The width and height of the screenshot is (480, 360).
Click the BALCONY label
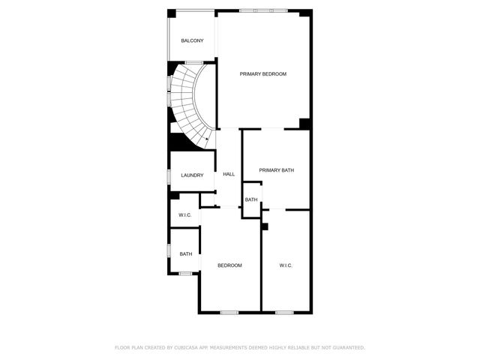pyautogui.click(x=192, y=40)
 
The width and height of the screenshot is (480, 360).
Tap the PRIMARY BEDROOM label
pyautogui.click(x=263, y=73)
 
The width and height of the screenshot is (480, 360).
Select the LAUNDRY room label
pyautogui.click(x=192, y=175)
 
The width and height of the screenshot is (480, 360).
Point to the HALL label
pyautogui.click(x=229, y=174)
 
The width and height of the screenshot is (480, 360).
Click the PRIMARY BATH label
pyautogui.click(x=276, y=170)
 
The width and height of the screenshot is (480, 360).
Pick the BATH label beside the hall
pyautogui.click(x=251, y=199)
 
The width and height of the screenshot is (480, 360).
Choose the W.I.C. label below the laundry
pyautogui.click(x=185, y=216)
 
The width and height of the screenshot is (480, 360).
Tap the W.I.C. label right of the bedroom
pyautogui.click(x=285, y=265)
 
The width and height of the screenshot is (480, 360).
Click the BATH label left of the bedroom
pyautogui.click(x=185, y=253)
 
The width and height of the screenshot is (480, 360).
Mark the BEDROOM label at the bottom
pyautogui.click(x=229, y=265)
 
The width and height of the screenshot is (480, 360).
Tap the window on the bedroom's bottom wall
pyautogui.click(x=229, y=312)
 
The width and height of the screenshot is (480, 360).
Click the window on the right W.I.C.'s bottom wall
pyautogui.click(x=284, y=312)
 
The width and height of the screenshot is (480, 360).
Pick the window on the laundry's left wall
pyautogui.click(x=169, y=175)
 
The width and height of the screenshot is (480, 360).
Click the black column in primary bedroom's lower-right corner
pyautogui.click(x=304, y=124)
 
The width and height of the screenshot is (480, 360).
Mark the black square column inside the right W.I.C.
pyautogui.click(x=265, y=226)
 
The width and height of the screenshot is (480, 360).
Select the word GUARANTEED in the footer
pyautogui.click(x=345, y=347)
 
